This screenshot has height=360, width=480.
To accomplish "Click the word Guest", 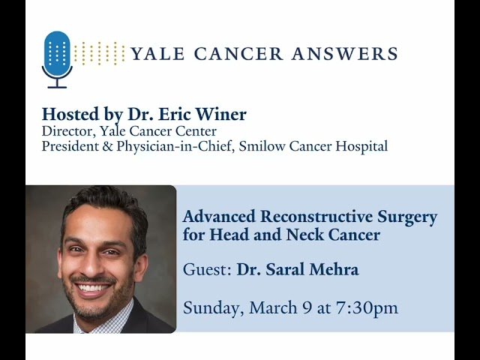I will click(206, 269).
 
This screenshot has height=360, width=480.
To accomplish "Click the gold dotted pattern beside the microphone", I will click(100, 53).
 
